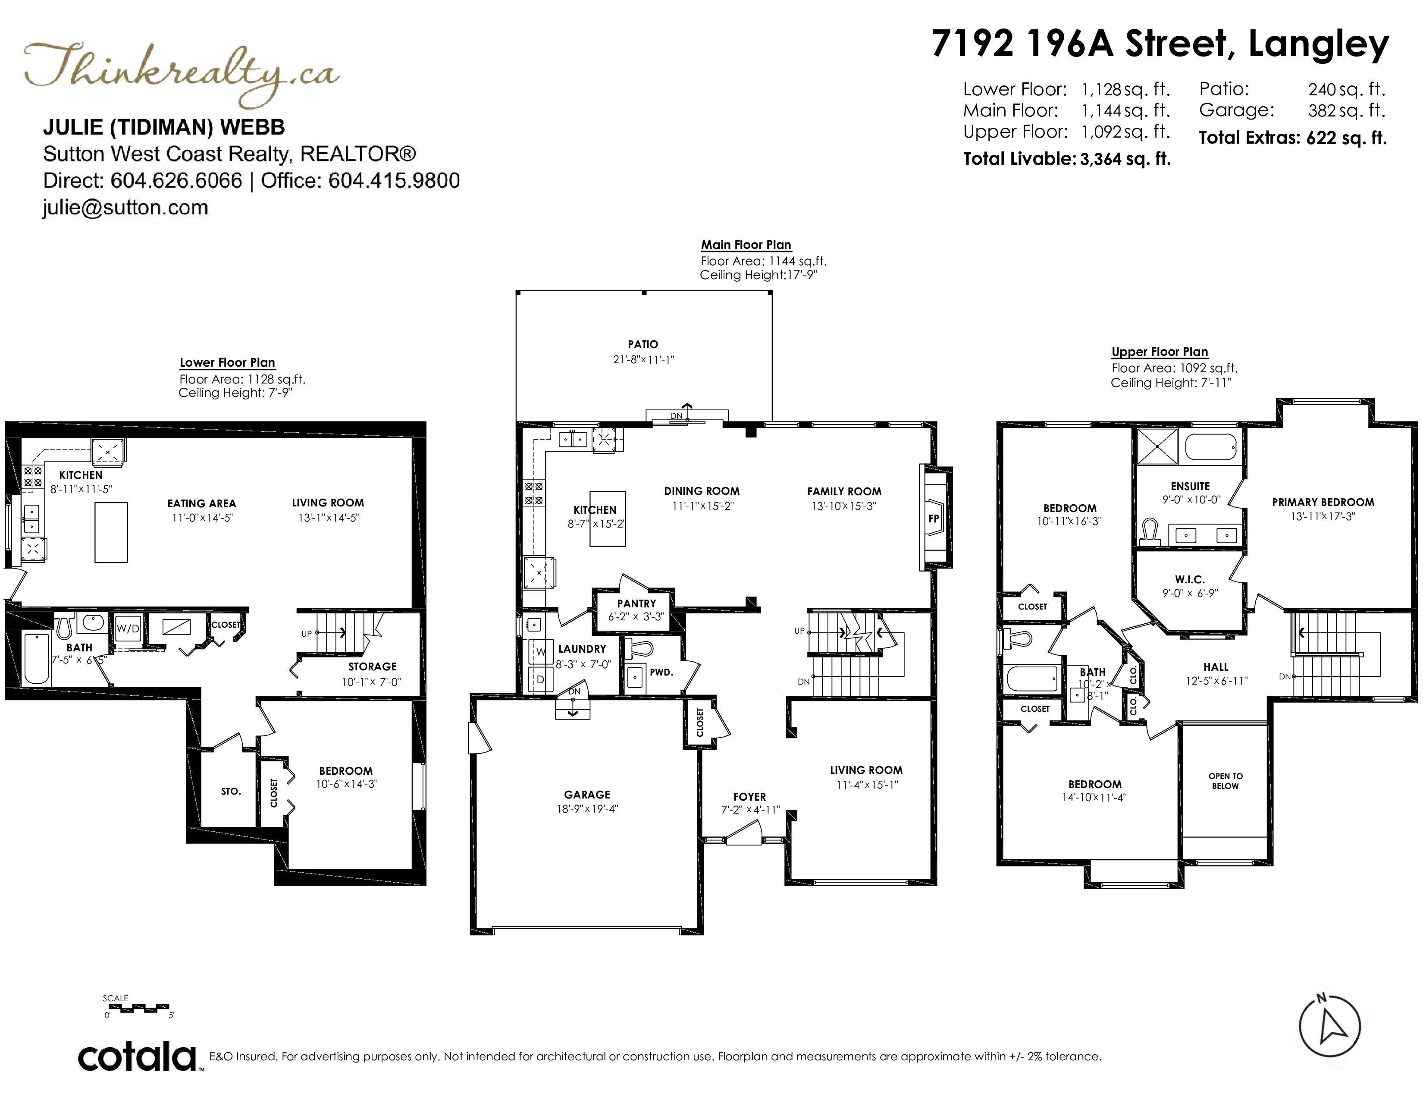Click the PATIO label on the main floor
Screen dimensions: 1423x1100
(x=643, y=344)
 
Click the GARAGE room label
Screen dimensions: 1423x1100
(x=587, y=794)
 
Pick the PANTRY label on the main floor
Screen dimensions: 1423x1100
(x=636, y=603)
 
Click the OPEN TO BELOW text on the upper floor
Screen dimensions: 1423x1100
(x=1226, y=781)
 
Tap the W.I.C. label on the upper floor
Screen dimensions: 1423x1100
(x=1190, y=579)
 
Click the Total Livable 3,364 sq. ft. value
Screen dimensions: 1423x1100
(x=1125, y=159)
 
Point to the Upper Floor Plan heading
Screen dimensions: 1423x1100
(x=1160, y=352)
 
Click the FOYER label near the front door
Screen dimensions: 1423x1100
(x=749, y=796)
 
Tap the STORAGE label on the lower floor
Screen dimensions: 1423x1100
(x=372, y=666)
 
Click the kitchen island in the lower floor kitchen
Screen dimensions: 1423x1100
(x=111, y=532)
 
